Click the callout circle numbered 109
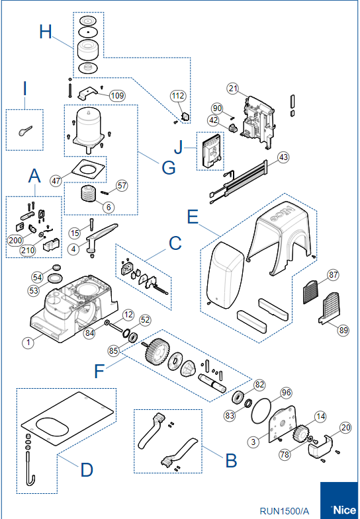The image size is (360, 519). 117,96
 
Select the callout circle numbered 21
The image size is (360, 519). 233,89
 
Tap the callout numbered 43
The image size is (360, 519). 283,157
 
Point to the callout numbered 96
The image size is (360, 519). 286,393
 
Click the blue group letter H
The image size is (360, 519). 46,32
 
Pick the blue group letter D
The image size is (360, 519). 87,469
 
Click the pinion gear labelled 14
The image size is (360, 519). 300,434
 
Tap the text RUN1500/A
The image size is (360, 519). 285,510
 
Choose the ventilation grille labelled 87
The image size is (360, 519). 310,292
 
